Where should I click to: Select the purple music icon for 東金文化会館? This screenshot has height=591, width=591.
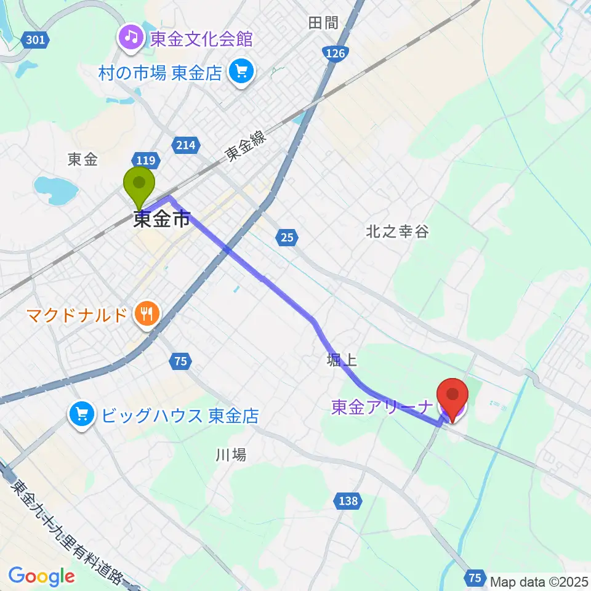coord(131,39)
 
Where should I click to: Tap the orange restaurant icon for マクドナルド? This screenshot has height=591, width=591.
coord(146,316)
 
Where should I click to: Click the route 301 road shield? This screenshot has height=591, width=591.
coord(35,41)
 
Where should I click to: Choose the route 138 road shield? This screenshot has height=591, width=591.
coord(348,501)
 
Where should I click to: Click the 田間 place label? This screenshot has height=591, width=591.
coord(323,23)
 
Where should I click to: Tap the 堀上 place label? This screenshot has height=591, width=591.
coord(342,360)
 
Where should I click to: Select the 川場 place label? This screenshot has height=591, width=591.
coord(231,455)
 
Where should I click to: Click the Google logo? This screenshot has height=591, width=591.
coord(42,576)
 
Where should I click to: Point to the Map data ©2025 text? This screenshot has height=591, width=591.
coord(539,580)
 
